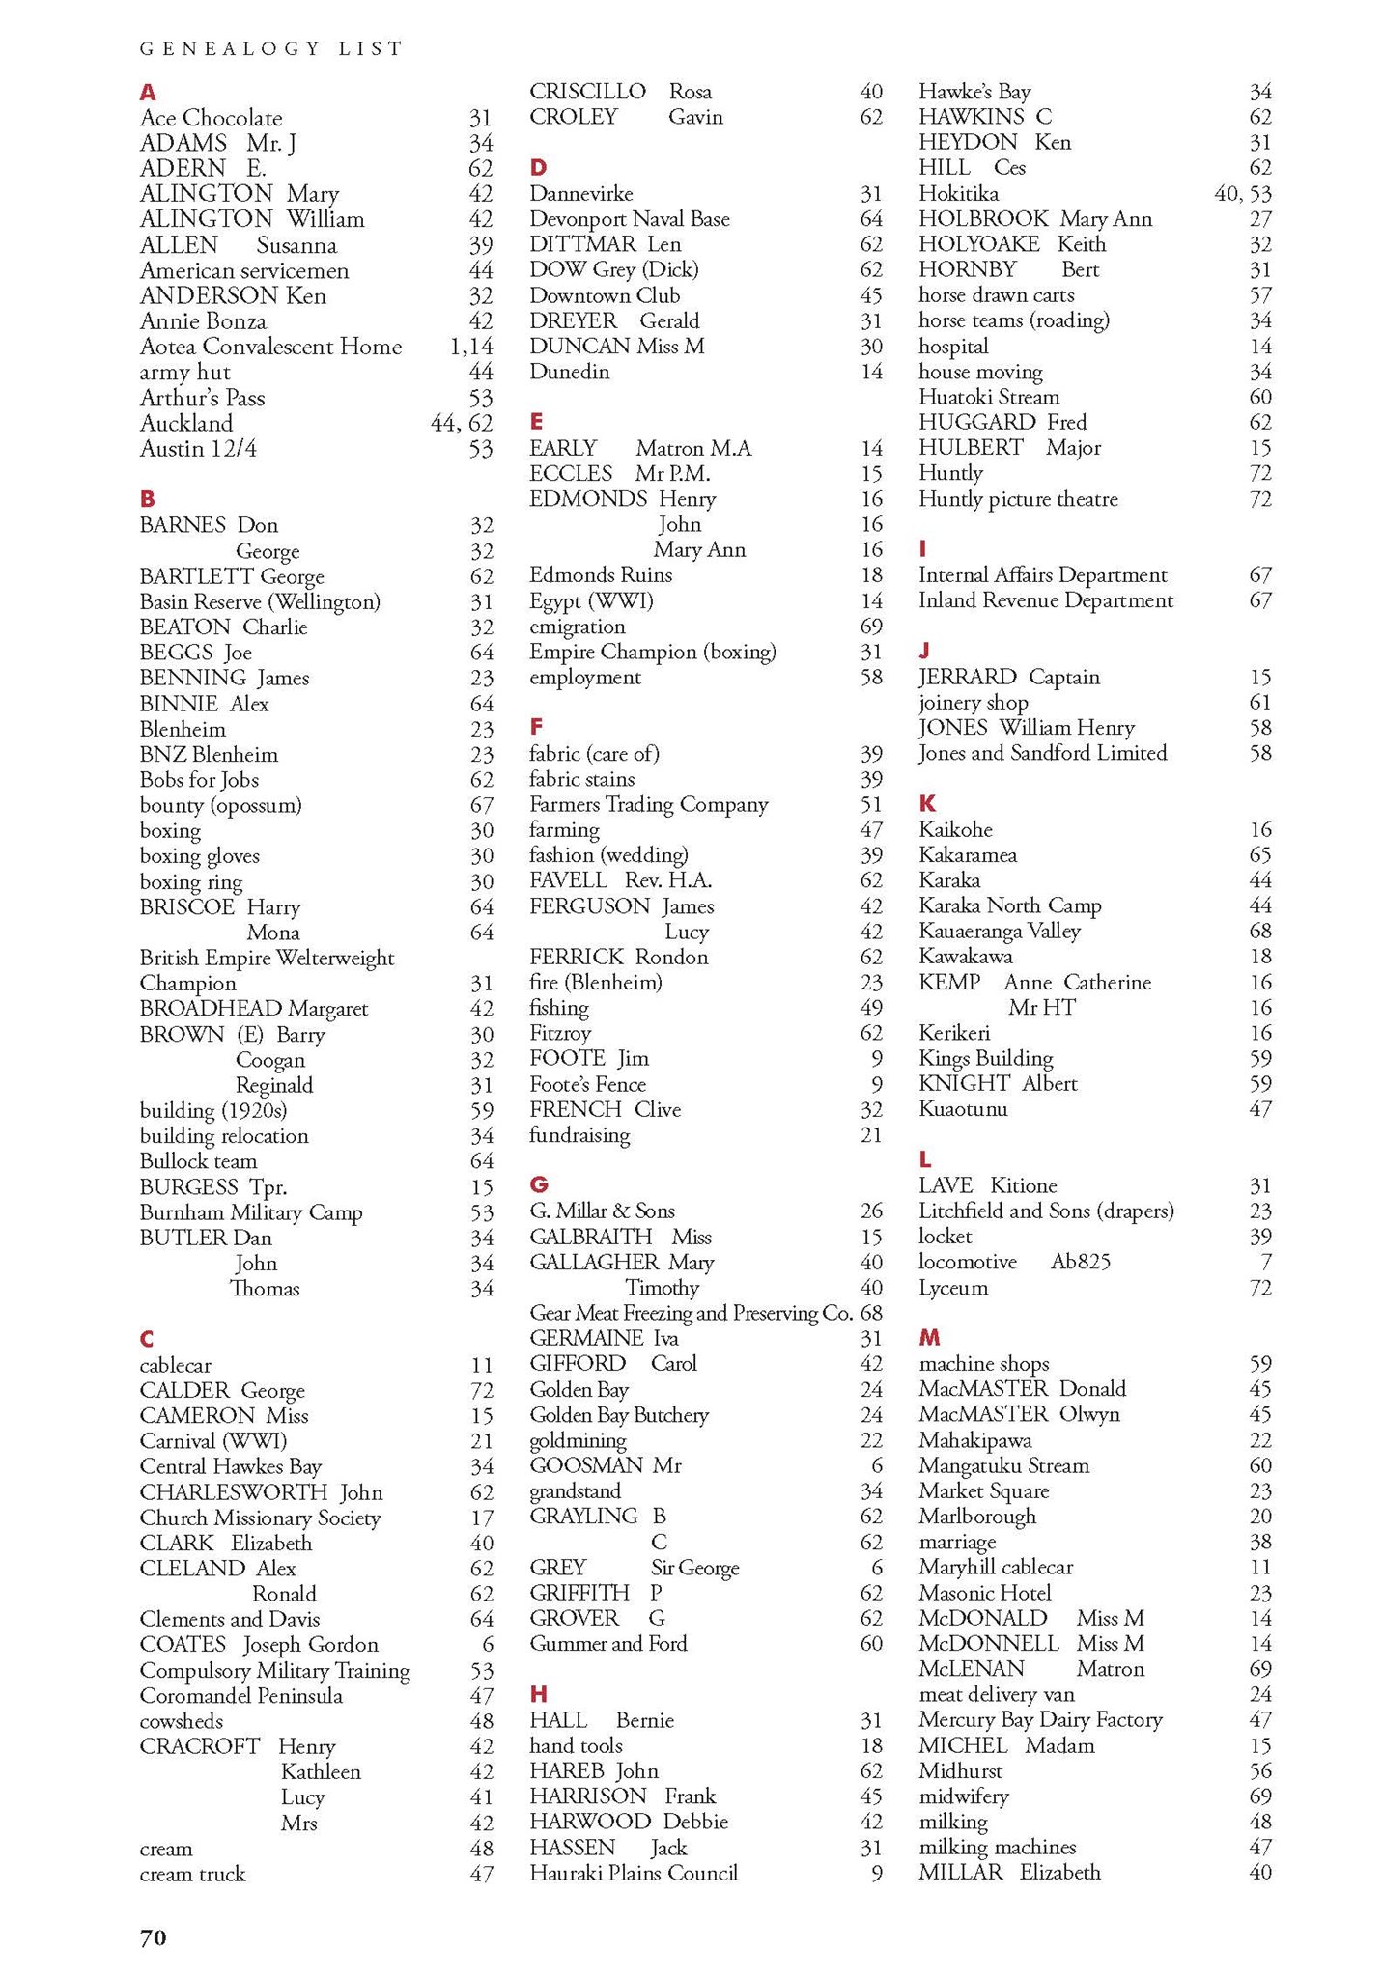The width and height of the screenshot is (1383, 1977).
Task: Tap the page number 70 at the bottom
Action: pos(154,1936)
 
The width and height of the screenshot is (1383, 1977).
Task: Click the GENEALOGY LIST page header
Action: pos(271,48)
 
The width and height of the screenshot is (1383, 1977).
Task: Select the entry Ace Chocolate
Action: pos(212,118)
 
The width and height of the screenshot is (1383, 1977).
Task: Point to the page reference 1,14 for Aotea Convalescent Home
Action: pos(471,347)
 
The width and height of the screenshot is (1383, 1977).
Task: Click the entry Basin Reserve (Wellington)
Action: pos(260,601)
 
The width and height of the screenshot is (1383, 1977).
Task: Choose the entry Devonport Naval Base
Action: pos(630,219)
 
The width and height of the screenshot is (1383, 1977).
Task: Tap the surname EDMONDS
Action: pos(588,499)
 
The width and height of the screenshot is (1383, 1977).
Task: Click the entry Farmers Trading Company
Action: pos(649,804)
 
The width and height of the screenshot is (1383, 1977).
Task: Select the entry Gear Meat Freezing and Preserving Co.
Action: pos(691,1313)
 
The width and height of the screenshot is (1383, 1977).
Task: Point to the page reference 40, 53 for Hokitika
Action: pos(1242,193)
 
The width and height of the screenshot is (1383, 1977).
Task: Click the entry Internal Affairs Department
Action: pos(1043,575)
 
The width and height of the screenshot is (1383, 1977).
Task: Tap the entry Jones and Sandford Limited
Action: pos(1043,753)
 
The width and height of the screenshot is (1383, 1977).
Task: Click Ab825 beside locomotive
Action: pos(1080,1262)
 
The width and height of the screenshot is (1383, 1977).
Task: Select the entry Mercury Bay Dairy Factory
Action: pos(1040,1719)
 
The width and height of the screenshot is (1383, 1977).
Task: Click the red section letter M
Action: pos(929,1337)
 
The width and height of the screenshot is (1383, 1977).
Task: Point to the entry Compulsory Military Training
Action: pos(275,1670)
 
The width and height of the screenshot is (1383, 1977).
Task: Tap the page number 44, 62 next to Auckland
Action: pos(462,423)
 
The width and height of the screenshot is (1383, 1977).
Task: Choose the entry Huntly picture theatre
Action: pos(1018,499)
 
